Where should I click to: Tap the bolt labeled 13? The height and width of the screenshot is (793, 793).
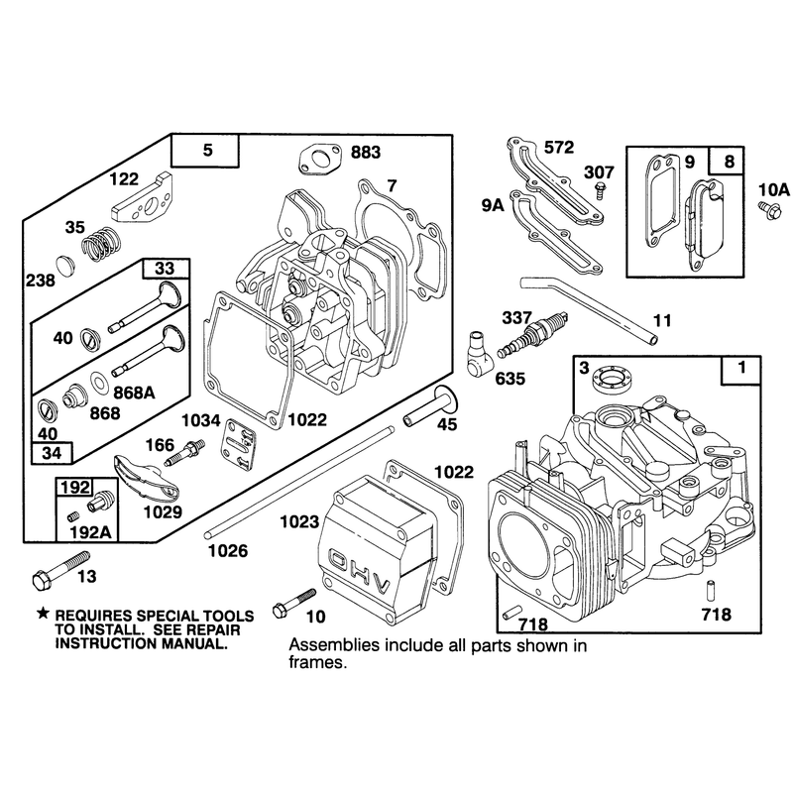(x=60, y=570)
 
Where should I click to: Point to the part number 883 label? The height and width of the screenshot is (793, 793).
(x=365, y=153)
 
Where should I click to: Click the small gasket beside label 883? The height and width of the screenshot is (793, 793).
(x=319, y=160)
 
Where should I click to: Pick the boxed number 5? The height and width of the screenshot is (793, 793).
(x=208, y=151)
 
